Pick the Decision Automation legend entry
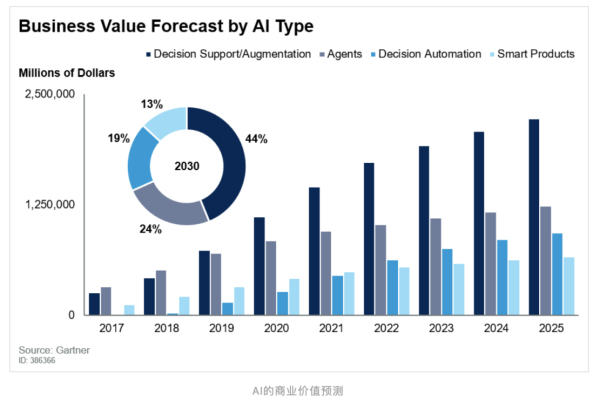pyautogui.click(x=431, y=53)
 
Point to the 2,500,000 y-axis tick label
pyautogui.click(x=49, y=94)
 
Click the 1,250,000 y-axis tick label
pyautogui.click(x=49, y=204)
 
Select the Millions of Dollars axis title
pyautogui.click(x=67, y=73)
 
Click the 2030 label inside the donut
pyautogui.click(x=187, y=165)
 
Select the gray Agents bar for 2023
pyautogui.click(x=435, y=266)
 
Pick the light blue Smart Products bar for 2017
pyautogui.click(x=129, y=310)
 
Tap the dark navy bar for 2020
pyautogui.click(x=259, y=266)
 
